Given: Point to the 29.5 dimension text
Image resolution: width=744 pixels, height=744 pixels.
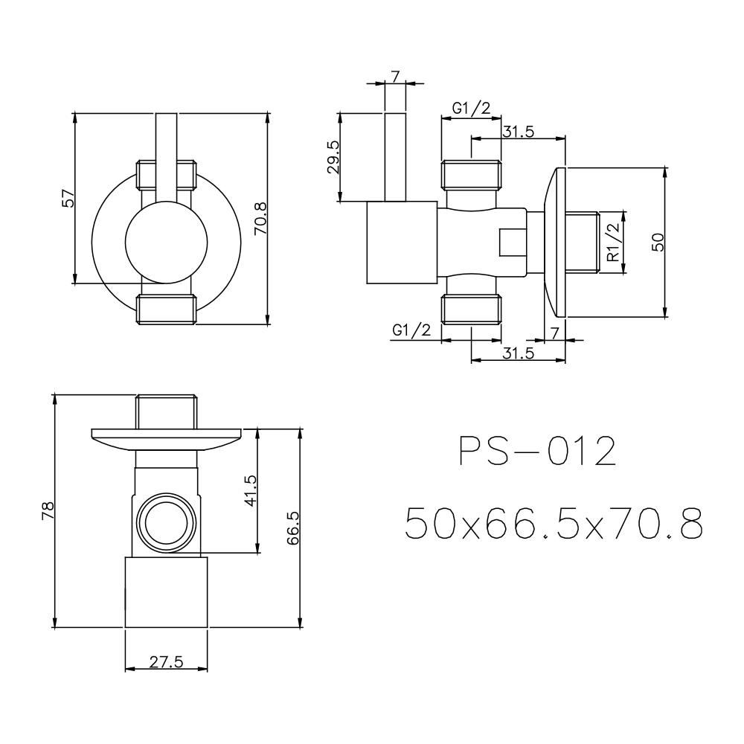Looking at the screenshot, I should [x=333, y=157].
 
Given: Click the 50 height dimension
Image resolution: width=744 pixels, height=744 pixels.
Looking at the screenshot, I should [x=657, y=243].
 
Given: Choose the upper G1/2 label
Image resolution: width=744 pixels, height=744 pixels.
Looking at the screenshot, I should [x=471, y=109].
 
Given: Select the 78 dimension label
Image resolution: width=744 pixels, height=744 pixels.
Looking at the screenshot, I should [x=48, y=510].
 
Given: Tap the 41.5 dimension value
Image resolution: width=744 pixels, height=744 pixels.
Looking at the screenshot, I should [x=250, y=491].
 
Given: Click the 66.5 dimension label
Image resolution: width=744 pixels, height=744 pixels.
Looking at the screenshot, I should [x=292, y=528].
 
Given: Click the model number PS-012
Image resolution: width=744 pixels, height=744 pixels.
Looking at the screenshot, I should [x=536, y=452].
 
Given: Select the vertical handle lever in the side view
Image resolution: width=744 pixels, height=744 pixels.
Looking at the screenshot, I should [x=395, y=157].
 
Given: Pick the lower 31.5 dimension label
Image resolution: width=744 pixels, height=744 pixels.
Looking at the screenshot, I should [x=518, y=353].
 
